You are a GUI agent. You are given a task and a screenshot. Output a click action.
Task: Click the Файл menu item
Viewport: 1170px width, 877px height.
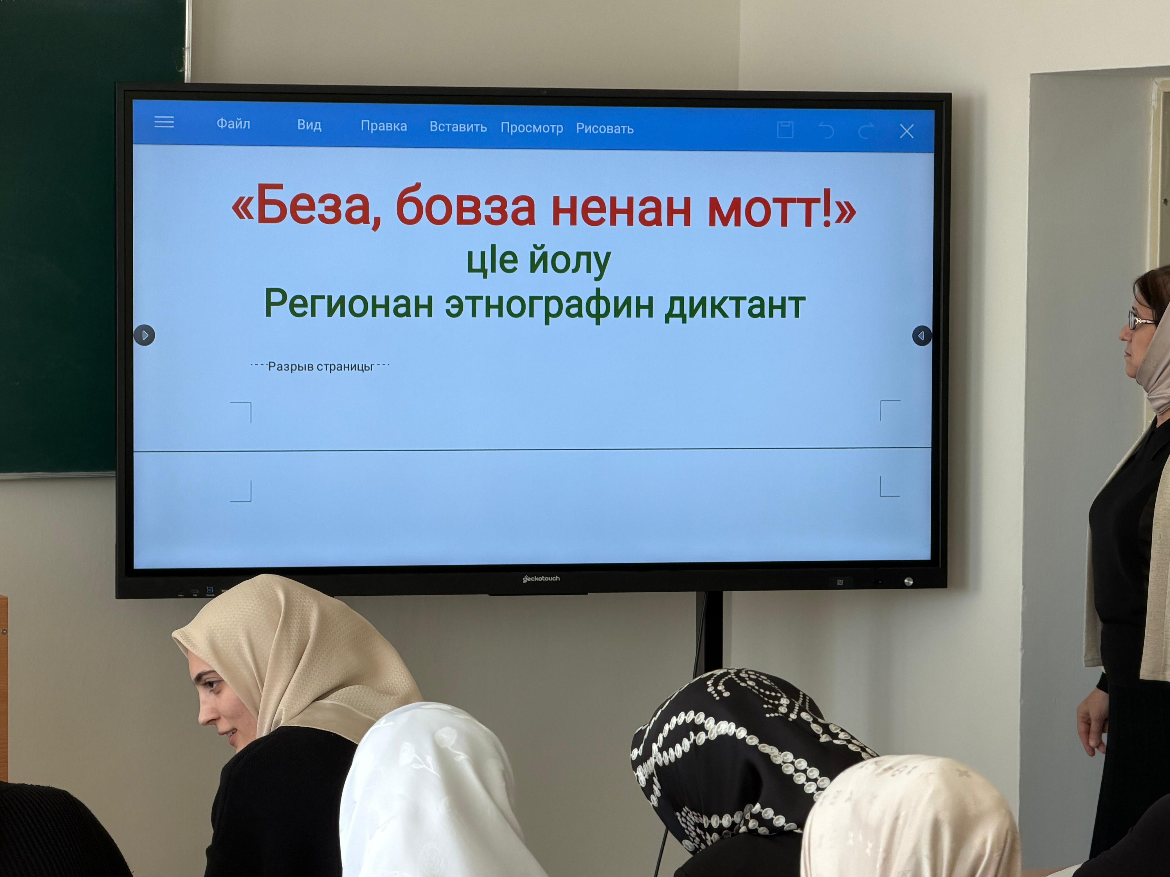click(x=233, y=124)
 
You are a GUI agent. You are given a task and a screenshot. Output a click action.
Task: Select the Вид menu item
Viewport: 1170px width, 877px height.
click(x=309, y=125)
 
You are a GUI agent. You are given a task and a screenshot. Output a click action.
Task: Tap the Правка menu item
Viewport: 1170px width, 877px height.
click(x=383, y=126)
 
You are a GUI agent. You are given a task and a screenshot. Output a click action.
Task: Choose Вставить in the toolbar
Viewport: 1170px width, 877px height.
click(x=458, y=127)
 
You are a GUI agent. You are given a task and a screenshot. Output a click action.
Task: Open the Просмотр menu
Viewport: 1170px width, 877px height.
click(x=532, y=128)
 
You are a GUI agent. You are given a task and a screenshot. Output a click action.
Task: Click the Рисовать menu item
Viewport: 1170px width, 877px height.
click(x=605, y=128)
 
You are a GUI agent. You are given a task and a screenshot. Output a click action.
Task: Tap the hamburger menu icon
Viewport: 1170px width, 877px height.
click(x=164, y=122)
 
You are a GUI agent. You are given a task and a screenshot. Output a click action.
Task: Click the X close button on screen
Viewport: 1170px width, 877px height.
click(x=906, y=131)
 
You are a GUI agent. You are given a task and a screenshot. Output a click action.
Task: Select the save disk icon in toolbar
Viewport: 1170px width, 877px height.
click(x=785, y=130)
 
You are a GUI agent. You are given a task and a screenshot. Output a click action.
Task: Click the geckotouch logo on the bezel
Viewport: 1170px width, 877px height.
click(x=541, y=578)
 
